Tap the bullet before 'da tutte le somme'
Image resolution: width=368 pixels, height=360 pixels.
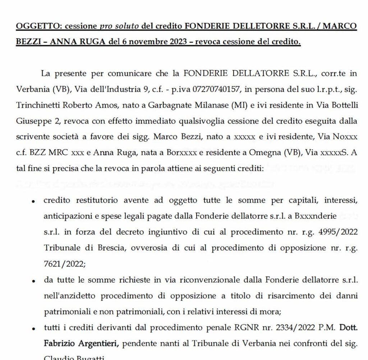pyautogui.click(x=33, y=281)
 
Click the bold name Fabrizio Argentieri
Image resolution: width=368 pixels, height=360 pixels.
pyautogui.click(x=82, y=343)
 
